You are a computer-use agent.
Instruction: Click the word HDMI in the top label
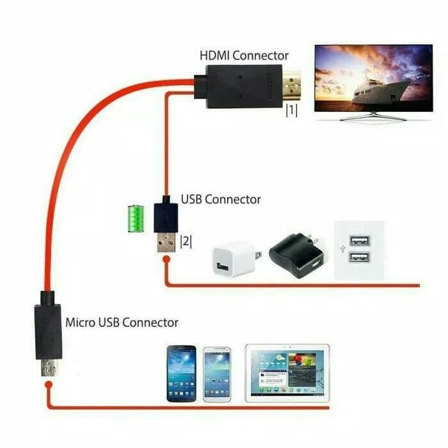[x=214, y=56]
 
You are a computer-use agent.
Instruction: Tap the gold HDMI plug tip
[x=292, y=85]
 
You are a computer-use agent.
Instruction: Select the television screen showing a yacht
[x=373, y=78]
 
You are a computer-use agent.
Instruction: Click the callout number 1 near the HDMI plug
[x=291, y=110]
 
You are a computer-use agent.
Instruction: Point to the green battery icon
[x=136, y=219]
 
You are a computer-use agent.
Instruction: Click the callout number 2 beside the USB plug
[x=186, y=242]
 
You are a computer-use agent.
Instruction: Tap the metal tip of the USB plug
[x=166, y=243]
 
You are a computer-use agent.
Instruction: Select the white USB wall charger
[x=237, y=259]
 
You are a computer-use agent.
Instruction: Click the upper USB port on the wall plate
[x=360, y=241]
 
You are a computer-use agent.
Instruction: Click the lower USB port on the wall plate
[x=360, y=257]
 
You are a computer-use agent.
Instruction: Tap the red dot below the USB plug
[x=166, y=259]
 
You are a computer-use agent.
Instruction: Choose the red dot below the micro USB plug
[x=49, y=385]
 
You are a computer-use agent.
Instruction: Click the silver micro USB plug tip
[x=49, y=367]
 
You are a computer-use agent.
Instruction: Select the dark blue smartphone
[x=181, y=374]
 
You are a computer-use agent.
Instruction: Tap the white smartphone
[x=217, y=374]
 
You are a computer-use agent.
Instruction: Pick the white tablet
[x=287, y=373]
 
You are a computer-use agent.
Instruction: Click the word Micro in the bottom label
[x=81, y=323]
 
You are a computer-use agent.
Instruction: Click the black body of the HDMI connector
[x=244, y=86]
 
